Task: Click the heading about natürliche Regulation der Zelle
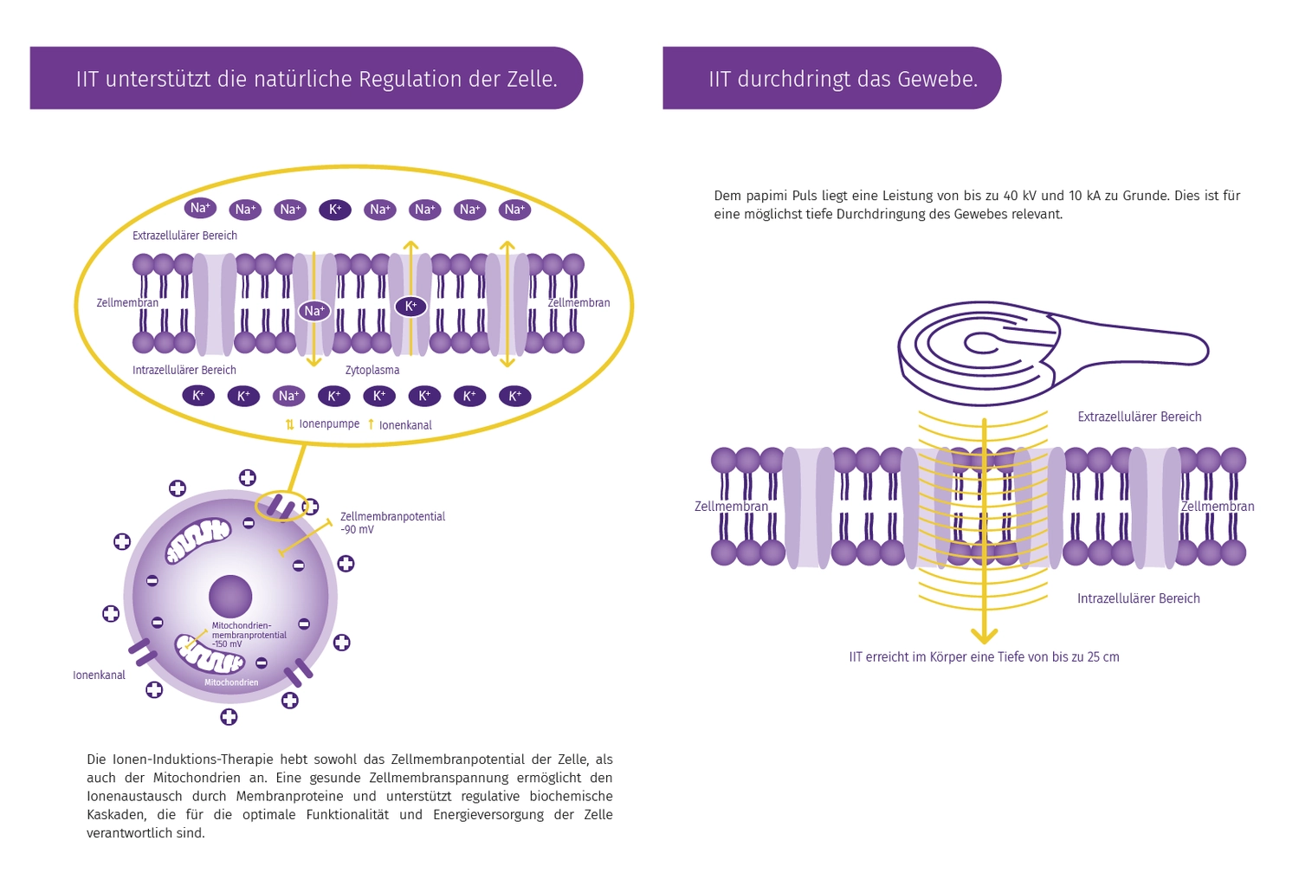pyautogui.click(x=316, y=79)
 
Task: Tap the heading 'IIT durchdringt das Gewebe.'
pyautogui.click(x=843, y=79)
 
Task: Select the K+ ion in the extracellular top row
pyautogui.click(x=335, y=210)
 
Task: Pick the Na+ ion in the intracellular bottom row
pyautogui.click(x=288, y=396)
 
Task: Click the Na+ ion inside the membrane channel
pyautogui.click(x=314, y=311)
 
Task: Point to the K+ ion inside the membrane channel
pyautogui.click(x=410, y=306)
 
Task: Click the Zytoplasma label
pyautogui.click(x=372, y=370)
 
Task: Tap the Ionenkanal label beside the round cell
pyautogui.click(x=99, y=675)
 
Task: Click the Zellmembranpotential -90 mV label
pyautogui.click(x=392, y=522)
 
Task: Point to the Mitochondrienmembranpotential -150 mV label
pyautogui.click(x=249, y=635)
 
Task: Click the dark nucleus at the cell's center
pyautogui.click(x=230, y=596)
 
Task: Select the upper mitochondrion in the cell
pyautogui.click(x=198, y=540)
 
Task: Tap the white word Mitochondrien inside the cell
pyautogui.click(x=231, y=682)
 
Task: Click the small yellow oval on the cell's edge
pyautogui.click(x=281, y=506)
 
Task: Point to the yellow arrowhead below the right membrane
pyautogui.click(x=984, y=636)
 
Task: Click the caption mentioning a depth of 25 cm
pyautogui.click(x=984, y=657)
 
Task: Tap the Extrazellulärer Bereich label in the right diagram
pyautogui.click(x=1139, y=417)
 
